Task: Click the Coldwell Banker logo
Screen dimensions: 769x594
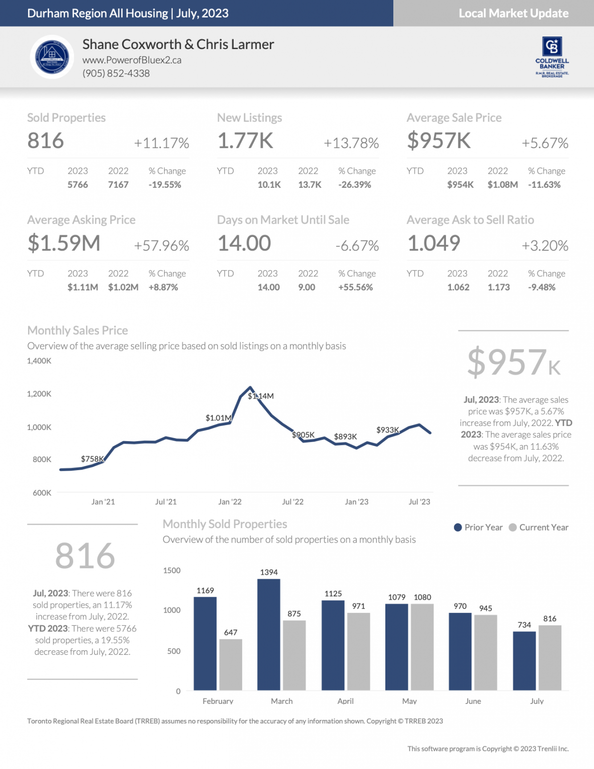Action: [x=552, y=56]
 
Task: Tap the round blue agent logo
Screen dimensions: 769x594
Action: [x=52, y=57]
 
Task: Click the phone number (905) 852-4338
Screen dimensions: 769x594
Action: [x=116, y=73]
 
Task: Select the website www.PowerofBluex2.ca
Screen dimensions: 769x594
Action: [x=132, y=60]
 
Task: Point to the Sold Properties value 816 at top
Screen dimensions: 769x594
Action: [x=46, y=141]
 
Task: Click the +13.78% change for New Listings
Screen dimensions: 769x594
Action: [x=351, y=143]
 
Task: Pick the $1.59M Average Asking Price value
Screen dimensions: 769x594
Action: [x=64, y=243]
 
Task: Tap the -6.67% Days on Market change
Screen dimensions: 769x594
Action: [x=357, y=246]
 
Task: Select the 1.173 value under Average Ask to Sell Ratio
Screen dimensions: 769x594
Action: [x=498, y=287]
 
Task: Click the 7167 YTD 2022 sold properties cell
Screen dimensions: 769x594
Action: [x=118, y=185]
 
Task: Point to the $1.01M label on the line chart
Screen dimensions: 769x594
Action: [x=218, y=418]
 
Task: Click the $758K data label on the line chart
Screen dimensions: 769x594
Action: [x=92, y=459]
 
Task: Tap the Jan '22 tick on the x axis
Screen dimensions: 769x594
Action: [x=230, y=502]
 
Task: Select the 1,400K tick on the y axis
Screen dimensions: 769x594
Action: [x=39, y=360]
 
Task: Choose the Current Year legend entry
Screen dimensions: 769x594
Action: [x=538, y=527]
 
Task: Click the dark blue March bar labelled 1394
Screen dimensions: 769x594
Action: [x=269, y=634]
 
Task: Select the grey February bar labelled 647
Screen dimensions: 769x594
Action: [x=231, y=664]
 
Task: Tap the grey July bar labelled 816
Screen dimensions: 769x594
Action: [x=549, y=657]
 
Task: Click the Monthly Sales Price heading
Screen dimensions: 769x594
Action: [x=78, y=330]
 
